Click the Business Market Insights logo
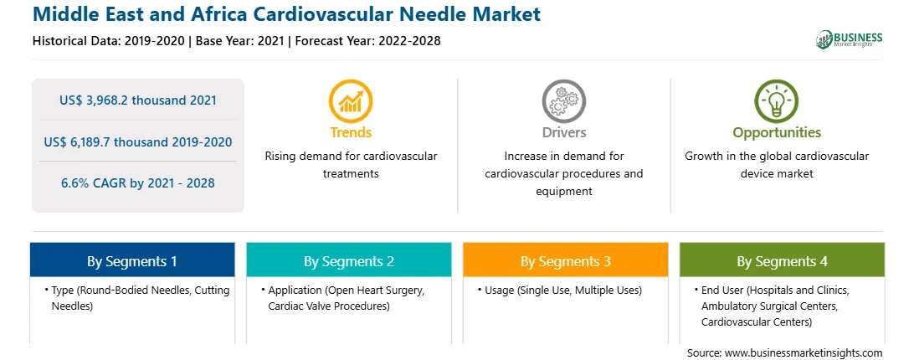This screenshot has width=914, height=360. tap(849, 39)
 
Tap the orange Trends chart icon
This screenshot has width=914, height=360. tap(351, 100)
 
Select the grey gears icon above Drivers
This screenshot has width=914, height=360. tap(563, 100)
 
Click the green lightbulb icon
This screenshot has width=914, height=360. tap(777, 100)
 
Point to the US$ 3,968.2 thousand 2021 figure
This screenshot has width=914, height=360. tap(137, 100)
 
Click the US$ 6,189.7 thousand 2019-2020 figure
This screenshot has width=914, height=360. tap(137, 141)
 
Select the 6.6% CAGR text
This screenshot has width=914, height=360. tap(137, 183)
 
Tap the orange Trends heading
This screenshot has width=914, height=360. tap(351, 132)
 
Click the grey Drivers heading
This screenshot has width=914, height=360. tap(563, 132)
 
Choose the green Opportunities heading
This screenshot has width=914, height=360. tap(777, 132)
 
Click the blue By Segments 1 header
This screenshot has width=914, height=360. tap(132, 260)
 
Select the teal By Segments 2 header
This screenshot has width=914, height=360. tap(348, 260)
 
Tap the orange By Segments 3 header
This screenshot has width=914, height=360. tap(566, 260)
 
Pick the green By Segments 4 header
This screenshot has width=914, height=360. tap(782, 260)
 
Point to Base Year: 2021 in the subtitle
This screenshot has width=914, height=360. tap(240, 41)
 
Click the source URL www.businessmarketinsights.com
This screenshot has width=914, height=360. tap(804, 352)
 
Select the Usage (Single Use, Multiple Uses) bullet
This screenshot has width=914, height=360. tap(560, 290)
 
